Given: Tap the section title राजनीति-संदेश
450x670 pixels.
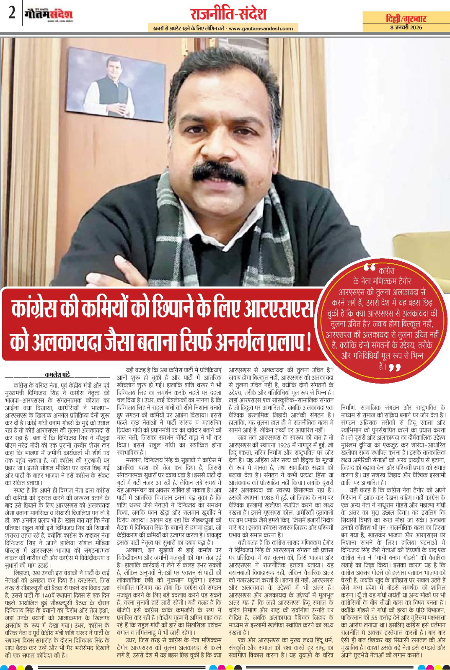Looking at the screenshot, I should click(228, 13).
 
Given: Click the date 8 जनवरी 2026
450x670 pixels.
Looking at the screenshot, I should click(406, 27).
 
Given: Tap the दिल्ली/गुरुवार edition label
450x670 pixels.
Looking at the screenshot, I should click(406, 18).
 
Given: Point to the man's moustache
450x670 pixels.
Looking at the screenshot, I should click(220, 171).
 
